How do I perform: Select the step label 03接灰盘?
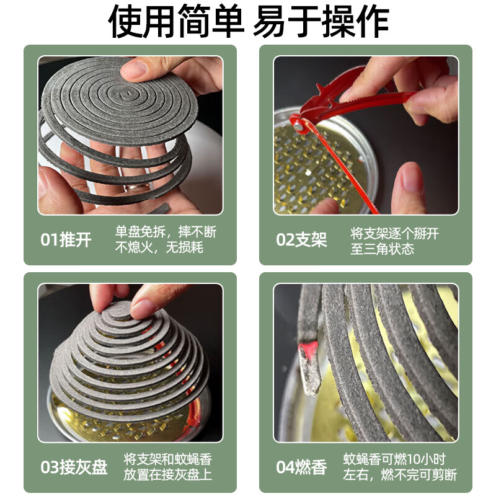pos(74,467)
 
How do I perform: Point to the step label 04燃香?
pos(301,467)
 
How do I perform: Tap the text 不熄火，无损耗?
pos(159,248)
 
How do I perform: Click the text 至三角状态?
pos(383,249)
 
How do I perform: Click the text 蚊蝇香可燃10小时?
pos(394,459)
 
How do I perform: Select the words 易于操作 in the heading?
pos(321,22)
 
